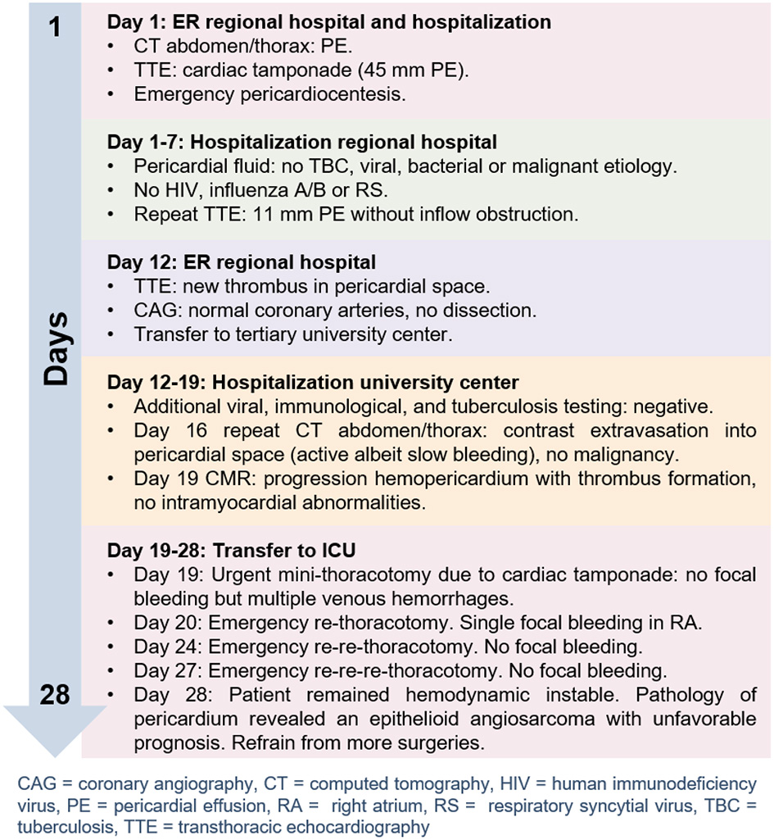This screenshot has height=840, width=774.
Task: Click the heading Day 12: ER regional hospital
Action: [242, 263]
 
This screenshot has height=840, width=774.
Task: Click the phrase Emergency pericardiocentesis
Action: [270, 94]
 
